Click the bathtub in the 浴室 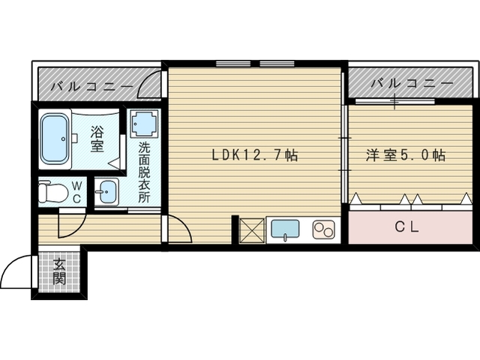(x=55, y=138)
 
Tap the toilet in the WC (x=53, y=192)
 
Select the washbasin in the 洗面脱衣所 (x=106, y=192)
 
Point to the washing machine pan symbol (x=145, y=124)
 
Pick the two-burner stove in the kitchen (x=324, y=229)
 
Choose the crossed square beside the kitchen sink (x=252, y=231)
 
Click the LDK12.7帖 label (x=255, y=155)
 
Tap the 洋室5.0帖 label (x=405, y=155)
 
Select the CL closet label (x=406, y=226)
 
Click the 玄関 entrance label (x=59, y=271)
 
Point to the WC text (x=76, y=192)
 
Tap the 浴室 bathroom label (x=97, y=139)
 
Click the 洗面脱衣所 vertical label (x=144, y=172)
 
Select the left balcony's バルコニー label (x=91, y=86)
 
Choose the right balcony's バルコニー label (x=412, y=83)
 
